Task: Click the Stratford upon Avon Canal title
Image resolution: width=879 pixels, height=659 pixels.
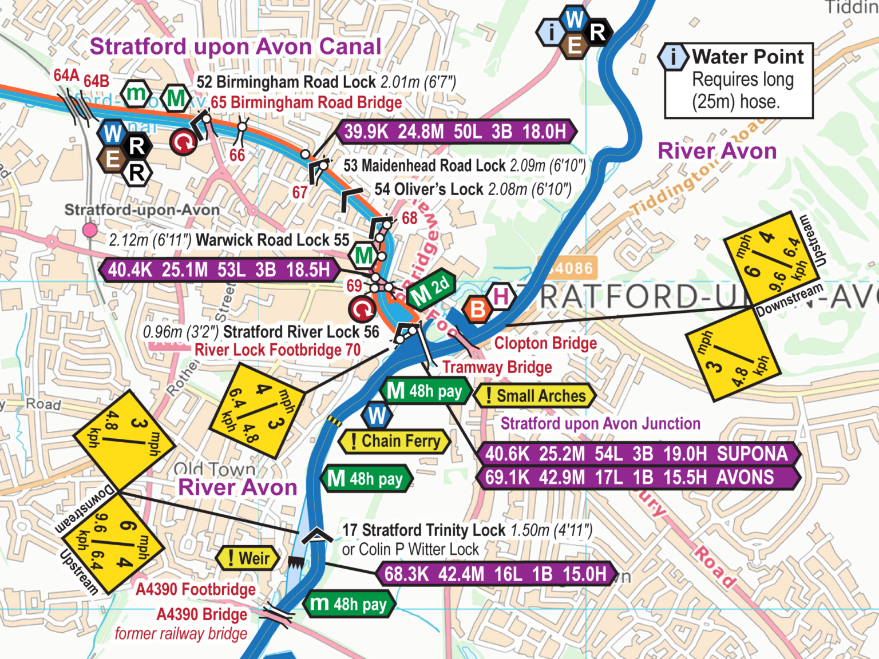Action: pyautogui.click(x=235, y=47)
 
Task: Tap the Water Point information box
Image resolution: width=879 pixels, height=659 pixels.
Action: pyautogui.click(x=738, y=80)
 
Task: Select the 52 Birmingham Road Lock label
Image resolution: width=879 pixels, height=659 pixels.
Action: pyautogui.click(x=326, y=82)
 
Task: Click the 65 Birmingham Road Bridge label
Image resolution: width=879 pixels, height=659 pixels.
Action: pyautogui.click(x=306, y=103)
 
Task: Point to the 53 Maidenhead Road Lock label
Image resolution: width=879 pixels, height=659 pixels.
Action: pyautogui.click(x=464, y=166)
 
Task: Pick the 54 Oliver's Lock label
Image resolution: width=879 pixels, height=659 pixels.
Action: pyautogui.click(x=473, y=189)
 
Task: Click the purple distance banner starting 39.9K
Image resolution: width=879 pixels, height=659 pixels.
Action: pyautogui.click(x=455, y=132)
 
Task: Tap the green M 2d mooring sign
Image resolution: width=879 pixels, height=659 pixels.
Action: pyautogui.click(x=431, y=290)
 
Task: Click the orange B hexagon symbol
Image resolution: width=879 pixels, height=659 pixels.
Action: pyautogui.click(x=477, y=309)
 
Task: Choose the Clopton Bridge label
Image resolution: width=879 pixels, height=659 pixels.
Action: pyautogui.click(x=545, y=343)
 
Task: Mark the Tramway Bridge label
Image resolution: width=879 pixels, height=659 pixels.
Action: pyautogui.click(x=497, y=367)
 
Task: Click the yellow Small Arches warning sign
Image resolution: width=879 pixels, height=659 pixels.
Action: pyautogui.click(x=535, y=396)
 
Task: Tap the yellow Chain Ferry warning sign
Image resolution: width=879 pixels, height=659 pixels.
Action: pyautogui.click(x=395, y=442)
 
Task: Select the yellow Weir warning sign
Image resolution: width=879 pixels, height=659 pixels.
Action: pyautogui.click(x=248, y=558)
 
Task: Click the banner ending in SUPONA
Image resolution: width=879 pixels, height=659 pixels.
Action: pyautogui.click(x=636, y=454)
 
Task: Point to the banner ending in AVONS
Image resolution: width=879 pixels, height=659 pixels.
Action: pyautogui.click(x=636, y=478)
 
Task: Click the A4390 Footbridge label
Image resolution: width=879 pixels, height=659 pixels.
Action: pyautogui.click(x=196, y=589)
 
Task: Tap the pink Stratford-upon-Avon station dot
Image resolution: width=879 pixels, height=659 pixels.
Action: pyautogui.click(x=90, y=230)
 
